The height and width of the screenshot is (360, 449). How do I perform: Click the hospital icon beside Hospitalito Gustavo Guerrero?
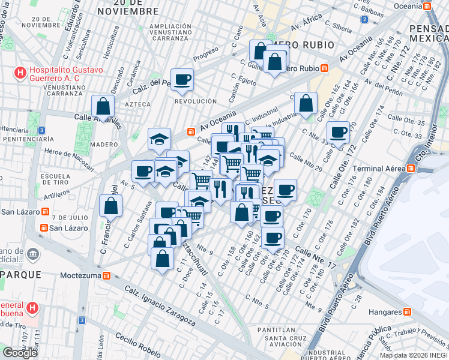click(x=20, y=74)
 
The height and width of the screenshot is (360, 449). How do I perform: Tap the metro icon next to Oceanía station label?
click(x=427, y=5)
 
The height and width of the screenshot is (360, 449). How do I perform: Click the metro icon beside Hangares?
click(x=408, y=312)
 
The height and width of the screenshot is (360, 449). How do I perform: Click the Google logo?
click(x=20, y=353)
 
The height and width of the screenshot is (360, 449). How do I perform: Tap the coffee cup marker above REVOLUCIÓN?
click(x=182, y=79)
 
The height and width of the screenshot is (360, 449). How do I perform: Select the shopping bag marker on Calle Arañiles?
click(x=103, y=107)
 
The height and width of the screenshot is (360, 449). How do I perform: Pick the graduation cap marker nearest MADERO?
click(x=160, y=139)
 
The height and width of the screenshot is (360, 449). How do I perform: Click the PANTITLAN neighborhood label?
click(x=276, y=329)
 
